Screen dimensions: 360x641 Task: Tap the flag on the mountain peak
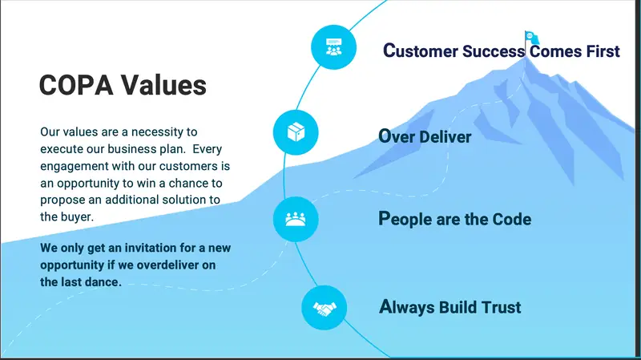pos(531,37)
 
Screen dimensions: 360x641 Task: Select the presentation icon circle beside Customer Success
pos(334,47)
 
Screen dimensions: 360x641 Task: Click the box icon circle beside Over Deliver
pos(297,132)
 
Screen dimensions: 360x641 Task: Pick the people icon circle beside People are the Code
pos(297,218)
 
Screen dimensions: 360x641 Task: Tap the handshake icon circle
pos(324,309)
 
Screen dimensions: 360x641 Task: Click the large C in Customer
pos(389,51)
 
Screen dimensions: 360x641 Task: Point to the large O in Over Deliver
pos(385,136)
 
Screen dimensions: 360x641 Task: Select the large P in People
pos(384,218)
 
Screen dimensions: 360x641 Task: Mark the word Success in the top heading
pos(494,51)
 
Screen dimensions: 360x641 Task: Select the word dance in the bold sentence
pos(104,282)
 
